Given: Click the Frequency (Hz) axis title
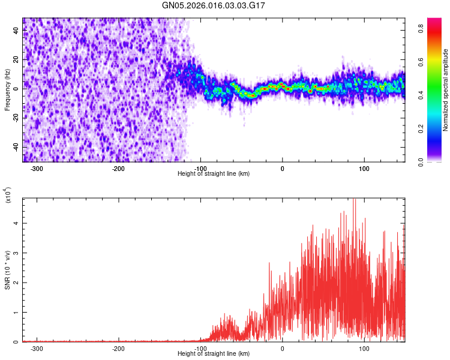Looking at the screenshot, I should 7,89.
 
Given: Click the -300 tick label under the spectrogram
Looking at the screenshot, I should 37,169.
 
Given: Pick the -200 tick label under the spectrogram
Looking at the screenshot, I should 118,169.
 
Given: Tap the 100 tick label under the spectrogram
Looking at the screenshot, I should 364,169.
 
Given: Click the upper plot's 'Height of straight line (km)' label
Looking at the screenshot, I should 214,173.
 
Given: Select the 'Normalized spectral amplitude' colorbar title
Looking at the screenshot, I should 446,89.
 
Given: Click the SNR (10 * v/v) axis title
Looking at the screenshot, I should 7,270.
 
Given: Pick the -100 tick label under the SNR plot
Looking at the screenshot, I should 200,349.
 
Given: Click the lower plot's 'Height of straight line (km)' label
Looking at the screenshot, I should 214,353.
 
